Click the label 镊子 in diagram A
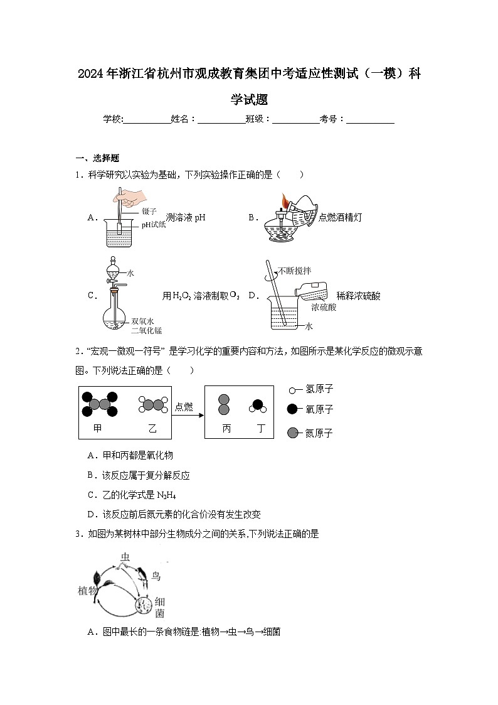(149, 212)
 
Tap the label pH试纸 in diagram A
(153, 224)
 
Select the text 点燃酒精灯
(340, 217)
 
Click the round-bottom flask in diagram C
(114, 316)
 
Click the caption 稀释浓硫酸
(358, 295)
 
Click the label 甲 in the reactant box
(97, 428)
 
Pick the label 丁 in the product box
(261, 428)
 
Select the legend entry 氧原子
(319, 409)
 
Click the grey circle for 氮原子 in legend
(292, 433)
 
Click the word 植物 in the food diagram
(87, 591)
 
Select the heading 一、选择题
(97, 158)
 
